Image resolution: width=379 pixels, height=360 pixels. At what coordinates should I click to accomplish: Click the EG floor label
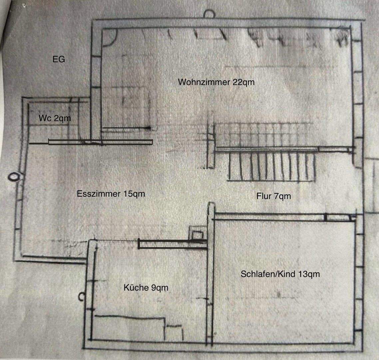59,60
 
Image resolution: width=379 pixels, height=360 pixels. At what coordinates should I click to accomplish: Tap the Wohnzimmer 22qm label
216,82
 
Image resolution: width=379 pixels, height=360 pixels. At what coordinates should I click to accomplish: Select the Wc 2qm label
55,118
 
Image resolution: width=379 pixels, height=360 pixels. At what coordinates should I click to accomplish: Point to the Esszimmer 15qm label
111,194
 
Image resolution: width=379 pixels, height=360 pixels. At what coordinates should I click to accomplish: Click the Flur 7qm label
274,196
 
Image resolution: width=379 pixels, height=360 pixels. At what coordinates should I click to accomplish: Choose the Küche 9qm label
146,287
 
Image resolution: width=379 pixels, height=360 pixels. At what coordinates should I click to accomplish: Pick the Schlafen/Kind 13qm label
280,274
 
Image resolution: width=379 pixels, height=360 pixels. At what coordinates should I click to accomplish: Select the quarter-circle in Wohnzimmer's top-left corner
109,37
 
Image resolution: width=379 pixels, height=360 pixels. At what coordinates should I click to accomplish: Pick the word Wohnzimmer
204,82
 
